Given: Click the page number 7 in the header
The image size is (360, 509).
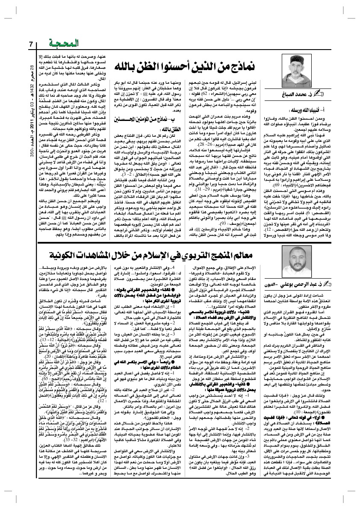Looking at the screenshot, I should point(31,44).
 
